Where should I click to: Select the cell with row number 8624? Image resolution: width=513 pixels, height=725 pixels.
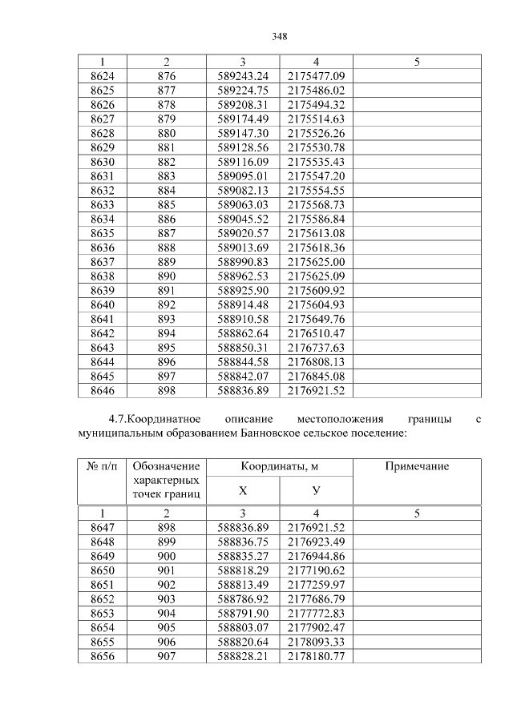pos(102,75)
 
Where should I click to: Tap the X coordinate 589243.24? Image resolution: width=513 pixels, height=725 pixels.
pos(242,75)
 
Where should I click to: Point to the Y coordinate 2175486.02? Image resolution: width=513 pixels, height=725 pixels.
pos(316,91)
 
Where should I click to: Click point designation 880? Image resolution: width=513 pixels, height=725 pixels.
pos(166,133)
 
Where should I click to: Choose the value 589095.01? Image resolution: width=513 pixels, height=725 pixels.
pos(242,175)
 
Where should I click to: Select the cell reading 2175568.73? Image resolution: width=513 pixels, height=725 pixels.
pos(316,204)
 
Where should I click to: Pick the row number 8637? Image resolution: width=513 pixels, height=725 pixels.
pos(102,262)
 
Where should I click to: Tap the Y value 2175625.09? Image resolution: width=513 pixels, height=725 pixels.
pos(316,276)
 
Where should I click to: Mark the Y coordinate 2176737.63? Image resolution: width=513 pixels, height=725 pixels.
pos(316,348)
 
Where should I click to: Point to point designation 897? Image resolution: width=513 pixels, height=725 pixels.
pos(166,377)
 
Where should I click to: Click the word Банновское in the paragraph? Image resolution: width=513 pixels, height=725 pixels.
pos(271,433)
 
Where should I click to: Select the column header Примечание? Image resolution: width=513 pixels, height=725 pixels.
pos(417,467)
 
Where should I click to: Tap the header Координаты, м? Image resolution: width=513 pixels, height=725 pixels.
pos(280,467)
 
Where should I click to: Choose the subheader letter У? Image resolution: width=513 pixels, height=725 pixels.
pos(316,490)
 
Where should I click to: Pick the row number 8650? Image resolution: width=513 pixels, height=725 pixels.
pos(102,570)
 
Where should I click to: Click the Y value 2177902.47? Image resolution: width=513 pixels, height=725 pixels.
pos(316,628)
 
